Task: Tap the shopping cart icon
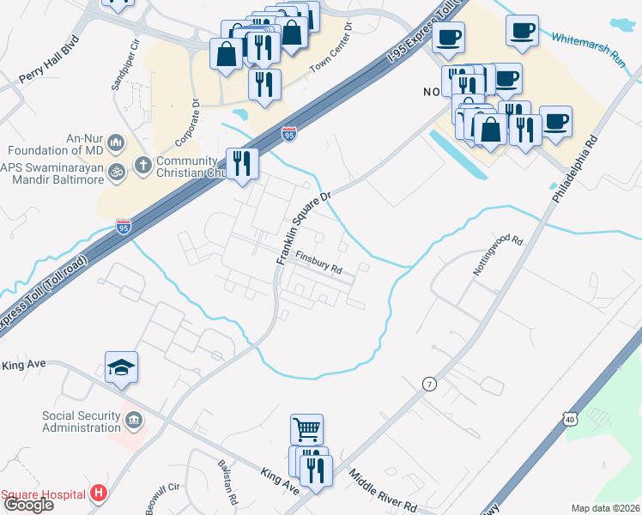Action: (308, 428)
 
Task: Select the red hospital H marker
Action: (100, 494)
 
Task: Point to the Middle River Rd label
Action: (382, 491)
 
